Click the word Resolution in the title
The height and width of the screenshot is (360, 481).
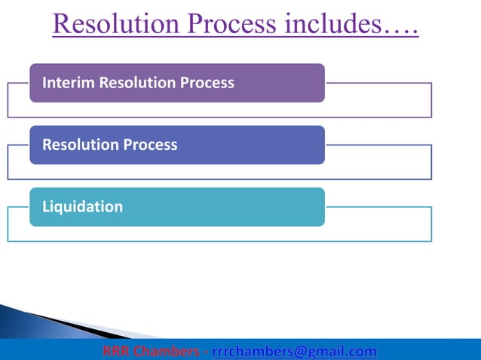click(109, 26)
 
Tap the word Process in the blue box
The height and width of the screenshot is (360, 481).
click(151, 144)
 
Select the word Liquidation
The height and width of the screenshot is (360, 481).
click(82, 206)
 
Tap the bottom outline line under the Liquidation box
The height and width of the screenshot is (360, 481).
click(219, 241)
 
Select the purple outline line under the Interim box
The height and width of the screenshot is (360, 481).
click(219, 117)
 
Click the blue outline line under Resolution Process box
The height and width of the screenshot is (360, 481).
click(219, 179)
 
